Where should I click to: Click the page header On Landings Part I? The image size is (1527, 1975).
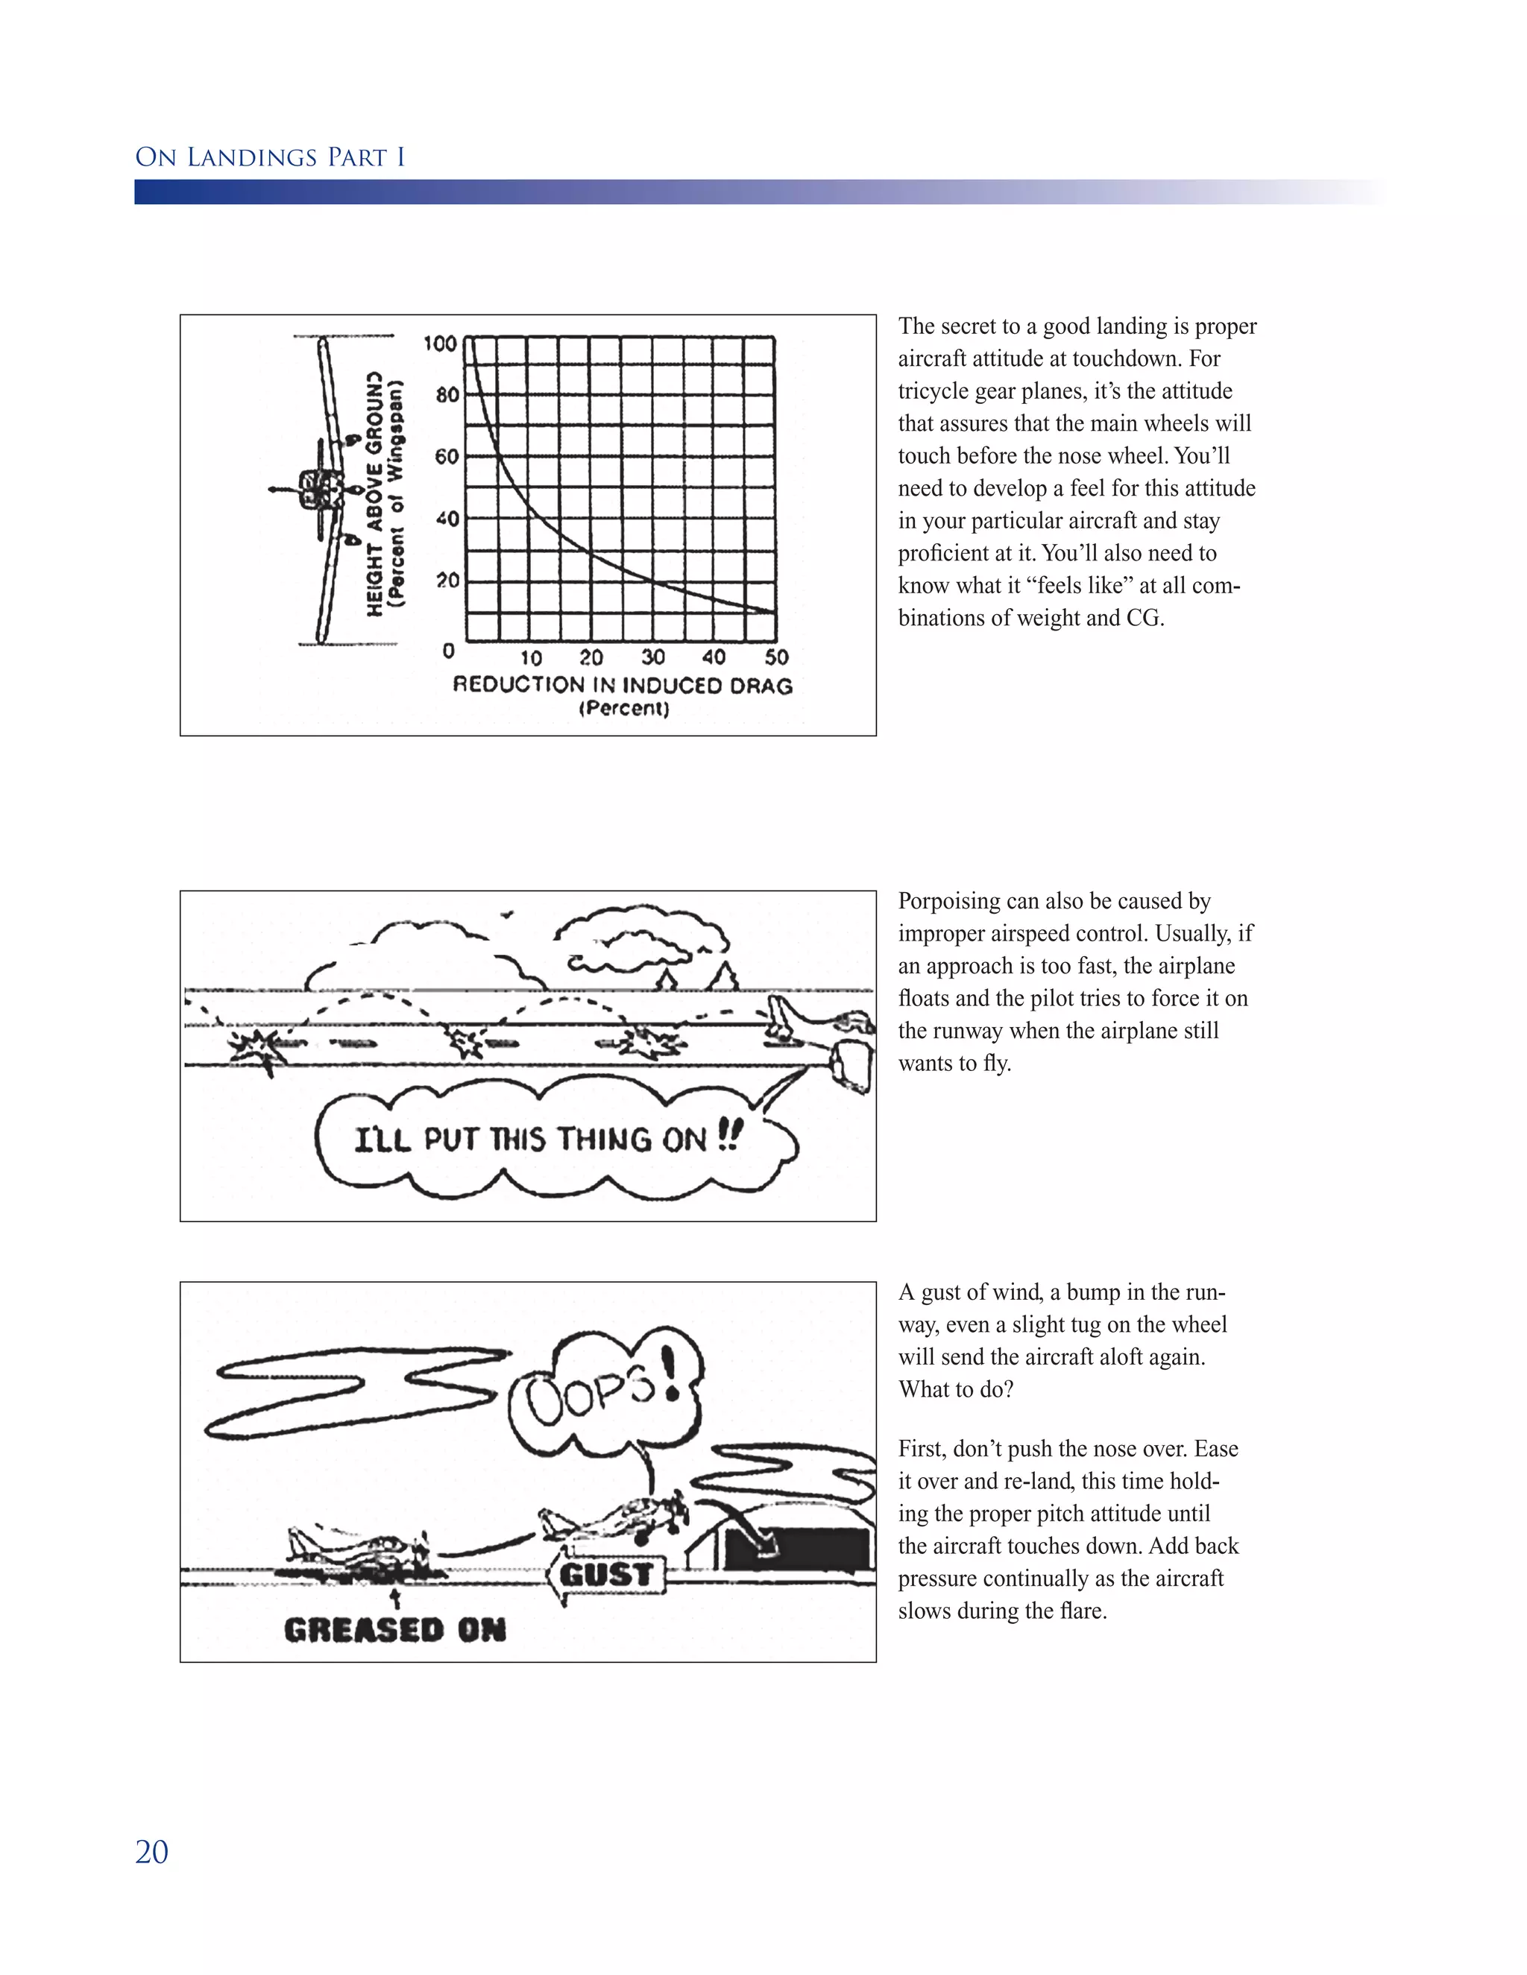270,157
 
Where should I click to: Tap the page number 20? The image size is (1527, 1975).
151,1852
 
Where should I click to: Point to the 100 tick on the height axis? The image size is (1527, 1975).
441,344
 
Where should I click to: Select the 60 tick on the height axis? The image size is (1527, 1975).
446,457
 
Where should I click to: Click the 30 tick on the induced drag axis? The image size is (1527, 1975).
652,657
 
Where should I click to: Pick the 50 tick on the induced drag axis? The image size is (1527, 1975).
776,657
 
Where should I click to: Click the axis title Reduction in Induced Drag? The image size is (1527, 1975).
623,685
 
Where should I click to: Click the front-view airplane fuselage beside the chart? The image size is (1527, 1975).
318,489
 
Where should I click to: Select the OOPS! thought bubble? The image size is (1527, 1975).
604,1395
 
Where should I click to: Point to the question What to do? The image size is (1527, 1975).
955,1389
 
